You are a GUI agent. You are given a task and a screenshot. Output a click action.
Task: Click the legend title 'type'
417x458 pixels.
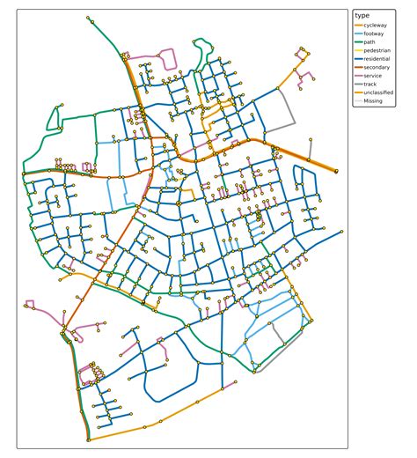(x=362, y=16)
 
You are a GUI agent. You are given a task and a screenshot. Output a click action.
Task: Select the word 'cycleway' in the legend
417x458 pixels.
(x=377, y=26)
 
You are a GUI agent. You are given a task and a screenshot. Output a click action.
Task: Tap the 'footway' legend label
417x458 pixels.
(x=376, y=34)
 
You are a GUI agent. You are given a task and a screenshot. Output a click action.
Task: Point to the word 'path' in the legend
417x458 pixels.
(x=370, y=43)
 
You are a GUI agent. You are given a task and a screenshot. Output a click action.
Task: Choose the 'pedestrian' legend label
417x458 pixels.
(x=378, y=51)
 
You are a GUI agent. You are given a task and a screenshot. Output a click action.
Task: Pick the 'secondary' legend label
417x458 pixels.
(x=378, y=68)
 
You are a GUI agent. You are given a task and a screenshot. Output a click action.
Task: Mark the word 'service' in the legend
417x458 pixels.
(x=374, y=77)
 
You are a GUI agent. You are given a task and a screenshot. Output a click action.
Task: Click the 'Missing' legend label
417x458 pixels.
(x=374, y=101)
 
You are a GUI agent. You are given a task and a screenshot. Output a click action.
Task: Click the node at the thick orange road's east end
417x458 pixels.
(x=336, y=171)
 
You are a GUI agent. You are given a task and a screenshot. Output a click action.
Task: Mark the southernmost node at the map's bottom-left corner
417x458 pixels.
(x=89, y=439)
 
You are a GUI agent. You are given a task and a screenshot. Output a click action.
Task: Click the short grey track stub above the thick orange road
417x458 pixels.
(x=310, y=149)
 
